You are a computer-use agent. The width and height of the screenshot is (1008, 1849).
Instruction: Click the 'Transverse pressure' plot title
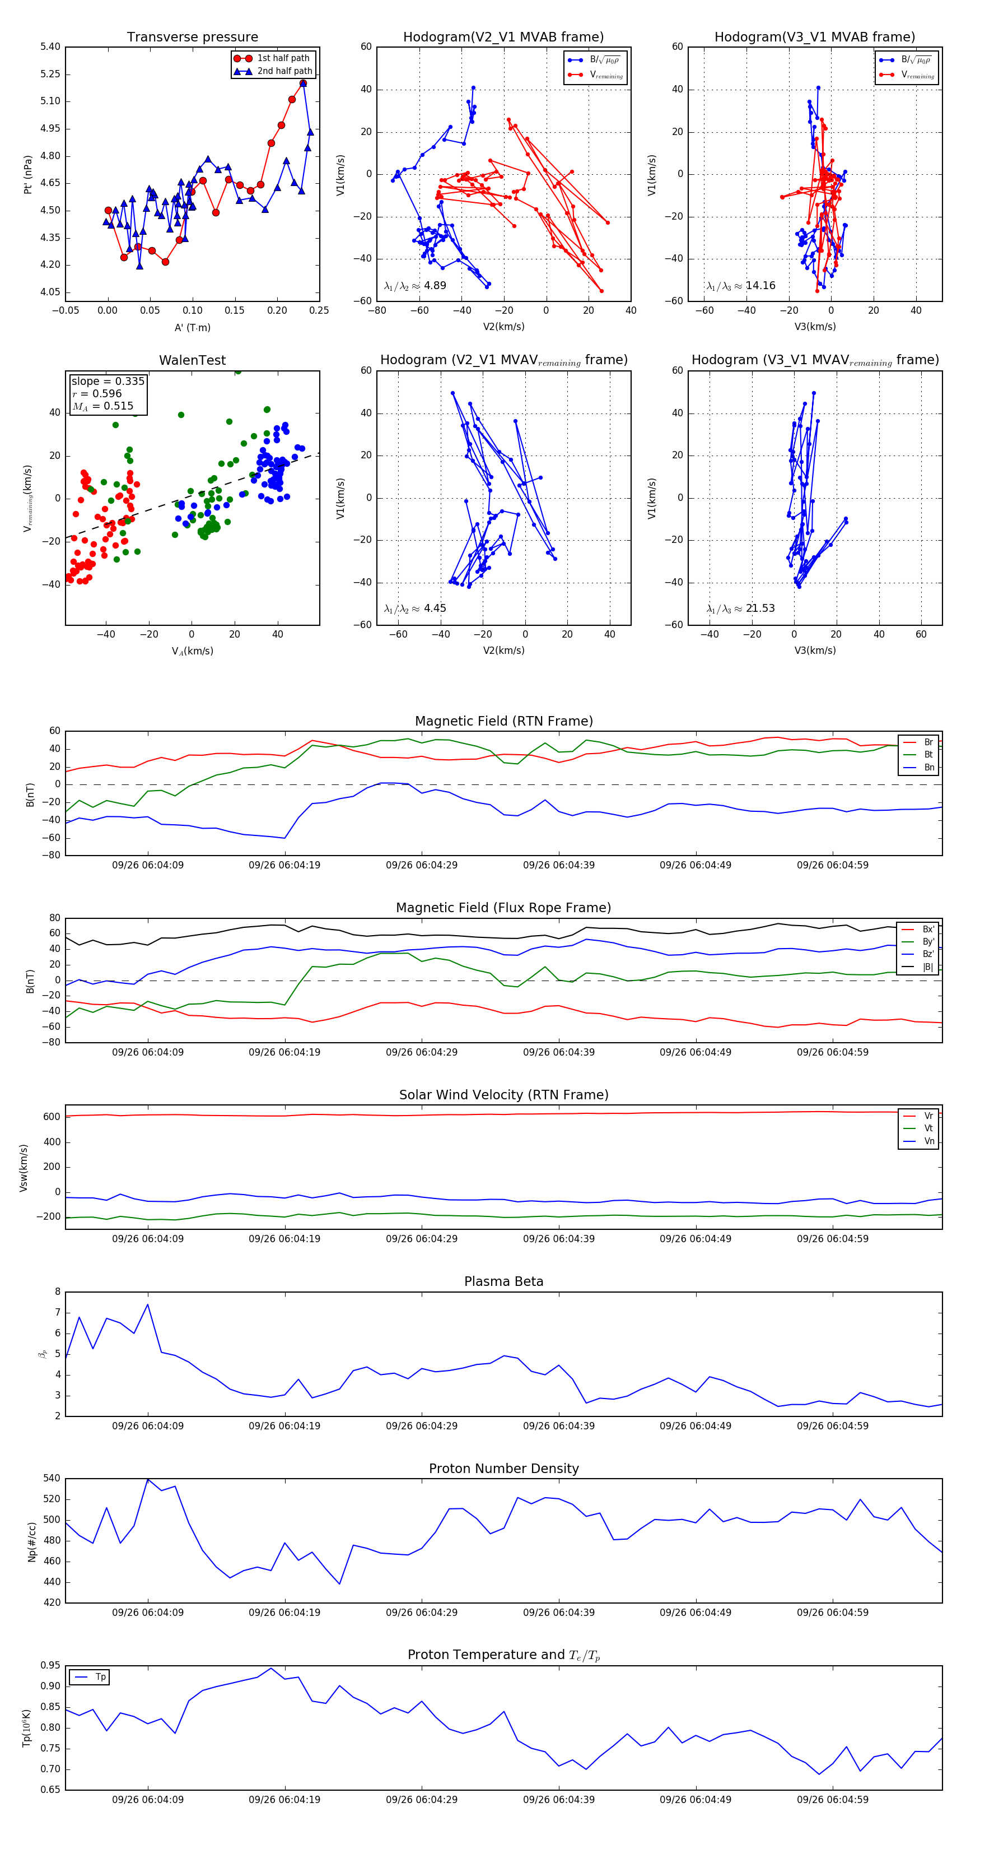pyautogui.click(x=192, y=38)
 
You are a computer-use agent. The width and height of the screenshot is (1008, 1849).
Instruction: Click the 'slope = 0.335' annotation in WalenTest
pyautogui.click(x=108, y=381)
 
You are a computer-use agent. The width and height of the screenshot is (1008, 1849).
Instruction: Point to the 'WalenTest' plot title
pyautogui.click(x=192, y=360)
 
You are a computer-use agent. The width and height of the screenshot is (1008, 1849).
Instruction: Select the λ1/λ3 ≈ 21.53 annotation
pyautogui.click(x=740, y=608)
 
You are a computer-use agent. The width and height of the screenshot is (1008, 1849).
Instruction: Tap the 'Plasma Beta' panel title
pyautogui.click(x=503, y=1282)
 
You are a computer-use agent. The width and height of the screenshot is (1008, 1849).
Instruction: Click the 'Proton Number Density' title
pyautogui.click(x=503, y=1469)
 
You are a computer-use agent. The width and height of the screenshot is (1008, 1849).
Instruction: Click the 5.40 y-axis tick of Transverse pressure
pyautogui.click(x=50, y=48)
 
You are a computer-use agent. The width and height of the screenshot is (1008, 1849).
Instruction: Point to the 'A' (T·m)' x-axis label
pyautogui.click(x=192, y=327)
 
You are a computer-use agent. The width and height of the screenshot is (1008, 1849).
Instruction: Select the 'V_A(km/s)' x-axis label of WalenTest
pyautogui.click(x=192, y=651)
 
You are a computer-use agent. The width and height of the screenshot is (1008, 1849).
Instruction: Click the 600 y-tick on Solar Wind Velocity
pyautogui.click(x=52, y=1117)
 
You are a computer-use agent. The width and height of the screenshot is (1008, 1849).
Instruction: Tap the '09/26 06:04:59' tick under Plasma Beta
pyautogui.click(x=832, y=1426)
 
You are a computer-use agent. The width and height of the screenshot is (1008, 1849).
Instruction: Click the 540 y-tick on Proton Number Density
pyautogui.click(x=52, y=1479)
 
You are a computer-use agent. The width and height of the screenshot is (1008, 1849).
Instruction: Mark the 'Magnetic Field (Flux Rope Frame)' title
pyautogui.click(x=503, y=908)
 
